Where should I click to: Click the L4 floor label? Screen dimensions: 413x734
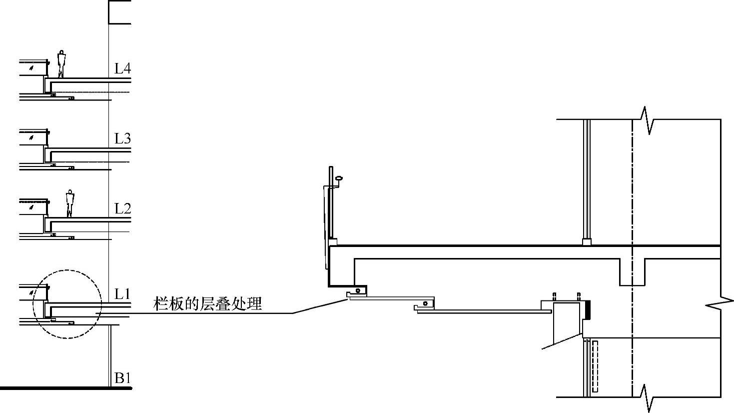[122, 68]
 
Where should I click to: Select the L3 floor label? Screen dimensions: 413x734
[122, 138]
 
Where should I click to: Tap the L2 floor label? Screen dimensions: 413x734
[122, 208]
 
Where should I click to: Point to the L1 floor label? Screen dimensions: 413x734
[122, 293]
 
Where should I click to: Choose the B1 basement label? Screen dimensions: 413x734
[122, 378]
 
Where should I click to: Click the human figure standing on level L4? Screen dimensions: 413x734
[61, 63]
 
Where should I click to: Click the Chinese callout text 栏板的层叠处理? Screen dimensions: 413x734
[207, 303]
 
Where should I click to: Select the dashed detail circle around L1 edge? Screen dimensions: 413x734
[67, 304]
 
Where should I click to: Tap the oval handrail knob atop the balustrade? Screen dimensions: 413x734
[339, 177]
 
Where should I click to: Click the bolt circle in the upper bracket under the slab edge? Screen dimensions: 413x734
[358, 290]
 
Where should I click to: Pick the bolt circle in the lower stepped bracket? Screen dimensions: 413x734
[425, 303]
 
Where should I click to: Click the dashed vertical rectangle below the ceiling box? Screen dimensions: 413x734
[595, 366]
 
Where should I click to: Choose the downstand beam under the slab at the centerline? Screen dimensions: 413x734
[632, 272]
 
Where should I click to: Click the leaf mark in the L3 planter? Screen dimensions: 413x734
[31, 136]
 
